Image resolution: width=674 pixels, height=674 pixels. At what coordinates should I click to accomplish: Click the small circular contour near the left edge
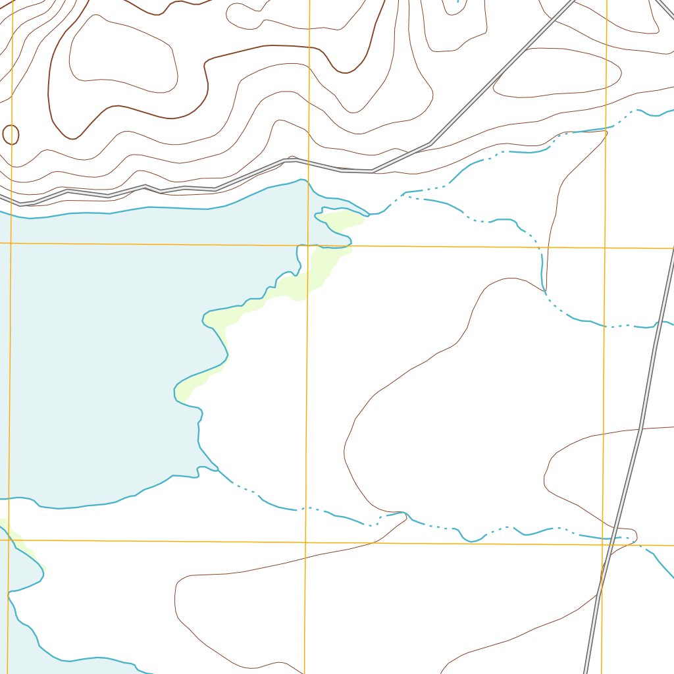click(x=11, y=135)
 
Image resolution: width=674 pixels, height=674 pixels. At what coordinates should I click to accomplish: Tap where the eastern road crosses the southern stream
click(x=614, y=537)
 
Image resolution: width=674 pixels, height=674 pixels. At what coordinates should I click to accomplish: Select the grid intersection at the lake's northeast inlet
click(x=308, y=246)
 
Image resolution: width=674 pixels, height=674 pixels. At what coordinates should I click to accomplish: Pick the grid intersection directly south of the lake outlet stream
click(x=305, y=542)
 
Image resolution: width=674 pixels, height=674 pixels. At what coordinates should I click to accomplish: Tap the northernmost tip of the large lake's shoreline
click(x=302, y=180)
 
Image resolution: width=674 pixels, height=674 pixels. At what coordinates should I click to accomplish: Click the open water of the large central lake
click(x=99, y=329)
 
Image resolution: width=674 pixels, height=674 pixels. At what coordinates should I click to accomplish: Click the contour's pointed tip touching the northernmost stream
click(x=605, y=132)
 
